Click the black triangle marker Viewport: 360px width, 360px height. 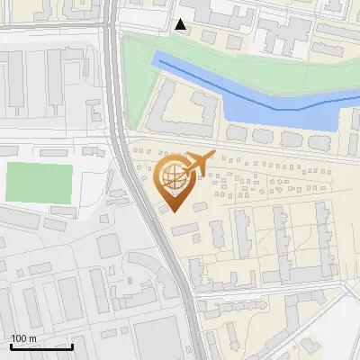point(181,24)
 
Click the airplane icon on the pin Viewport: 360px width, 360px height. point(197,164)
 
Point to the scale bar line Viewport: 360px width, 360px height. point(41,346)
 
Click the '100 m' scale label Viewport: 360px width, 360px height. point(24,338)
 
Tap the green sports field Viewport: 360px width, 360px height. point(39,183)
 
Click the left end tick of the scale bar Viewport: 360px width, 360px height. point(11,346)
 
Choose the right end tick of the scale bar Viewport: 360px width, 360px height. point(72,346)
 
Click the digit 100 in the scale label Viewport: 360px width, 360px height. point(20,338)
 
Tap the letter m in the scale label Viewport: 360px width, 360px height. point(32,339)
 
